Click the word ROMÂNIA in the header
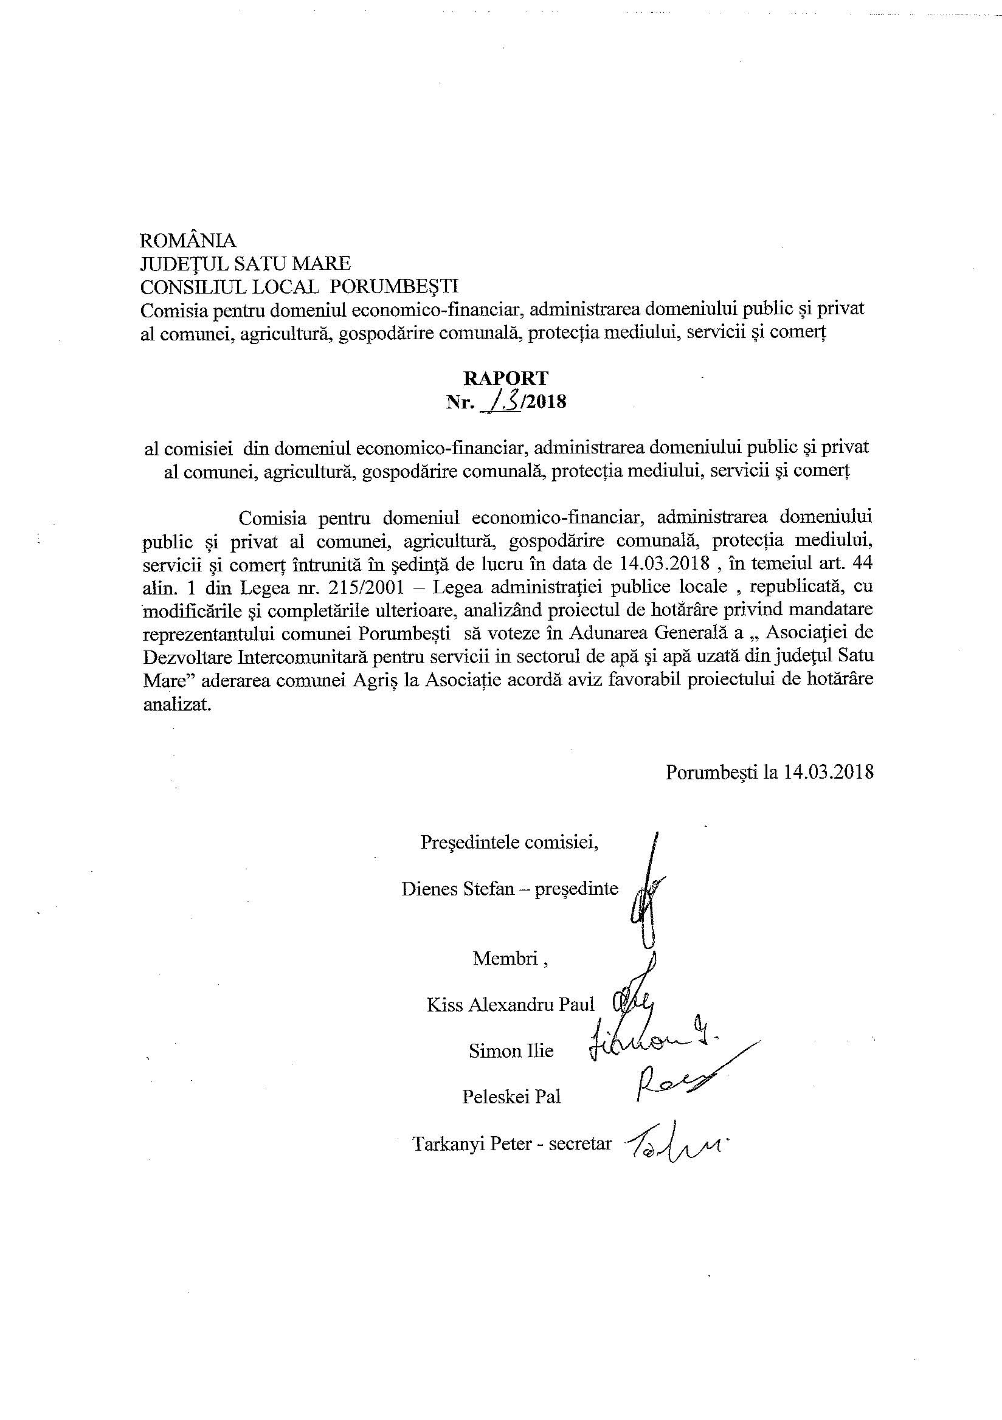tap(188, 240)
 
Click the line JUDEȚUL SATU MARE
tap(246, 264)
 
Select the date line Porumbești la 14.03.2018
tap(770, 772)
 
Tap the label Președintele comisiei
tap(509, 843)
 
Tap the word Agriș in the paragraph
tap(358, 679)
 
